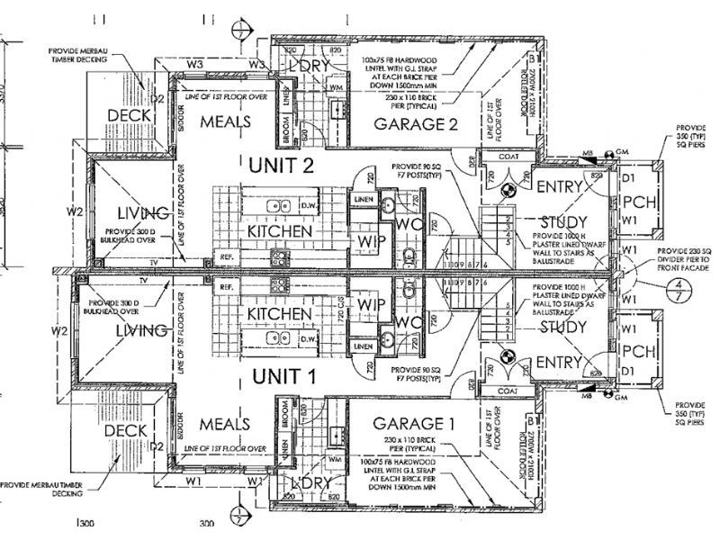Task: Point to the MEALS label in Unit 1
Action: tap(225, 422)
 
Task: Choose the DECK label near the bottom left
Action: tap(125, 431)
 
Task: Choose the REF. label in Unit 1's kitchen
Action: tap(227, 286)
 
